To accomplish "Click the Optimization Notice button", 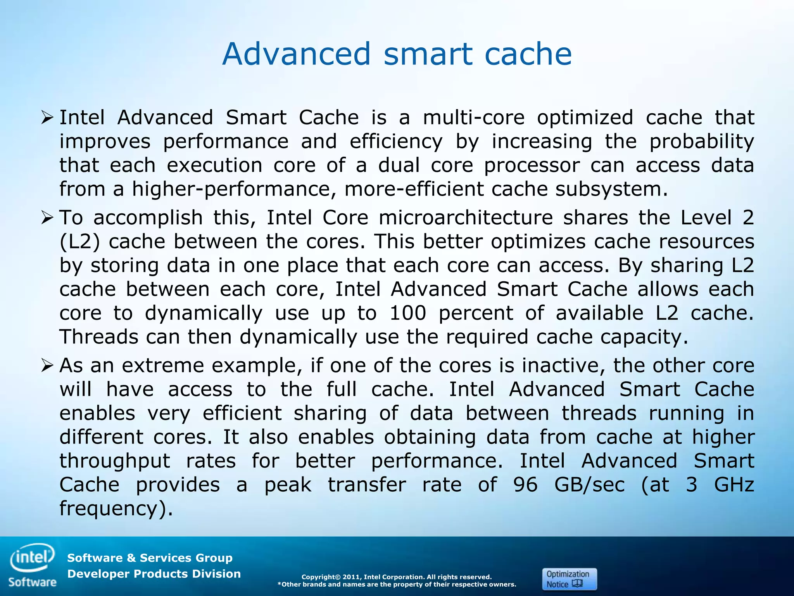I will [x=569, y=579].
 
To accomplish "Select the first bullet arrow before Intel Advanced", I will [x=47, y=117].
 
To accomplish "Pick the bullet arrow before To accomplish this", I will [x=47, y=218].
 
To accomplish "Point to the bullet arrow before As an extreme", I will [x=47, y=366].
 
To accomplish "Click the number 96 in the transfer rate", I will [x=525, y=485].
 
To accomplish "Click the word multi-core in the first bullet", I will [x=474, y=117].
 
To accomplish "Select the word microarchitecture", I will [x=466, y=217].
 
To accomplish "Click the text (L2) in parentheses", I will [x=80, y=242].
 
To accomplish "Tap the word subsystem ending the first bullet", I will [x=611, y=189].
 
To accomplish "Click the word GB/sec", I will [x=589, y=485].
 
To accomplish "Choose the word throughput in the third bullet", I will [x=115, y=461].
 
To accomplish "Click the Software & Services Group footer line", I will [x=150, y=558].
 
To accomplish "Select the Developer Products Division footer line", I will [x=154, y=574].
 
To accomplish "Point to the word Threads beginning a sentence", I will [x=99, y=337].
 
